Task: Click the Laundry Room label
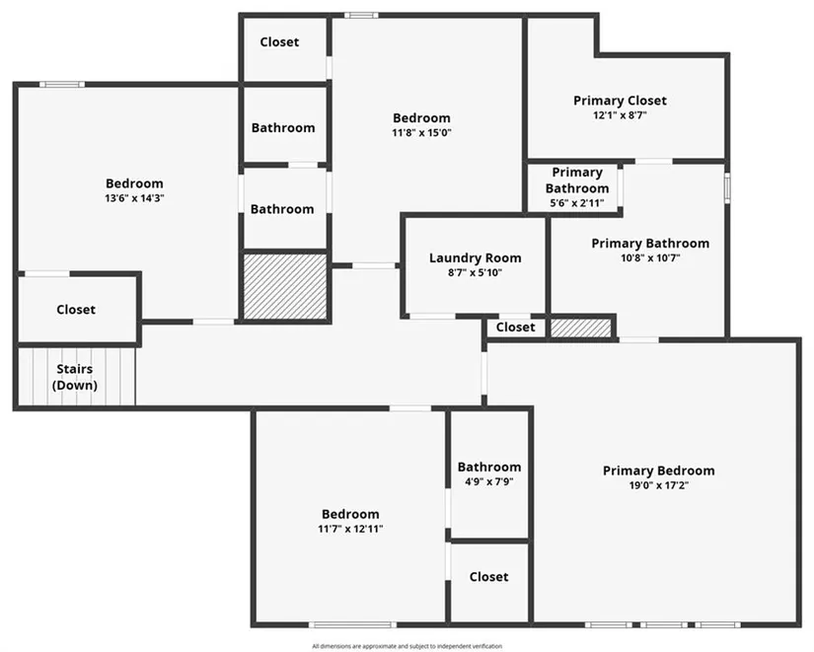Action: (475, 258)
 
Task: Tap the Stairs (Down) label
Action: (75, 377)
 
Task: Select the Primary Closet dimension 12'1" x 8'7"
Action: (620, 115)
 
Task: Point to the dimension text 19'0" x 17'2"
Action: (659, 486)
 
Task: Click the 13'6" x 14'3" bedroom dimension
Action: (134, 198)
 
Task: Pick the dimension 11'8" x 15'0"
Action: (421, 133)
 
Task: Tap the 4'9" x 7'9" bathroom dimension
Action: (489, 481)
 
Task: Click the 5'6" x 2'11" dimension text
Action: (577, 203)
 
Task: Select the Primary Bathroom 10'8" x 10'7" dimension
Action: (650, 258)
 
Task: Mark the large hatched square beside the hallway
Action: (285, 286)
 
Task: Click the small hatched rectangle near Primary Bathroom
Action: (581, 327)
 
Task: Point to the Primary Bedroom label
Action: (659, 471)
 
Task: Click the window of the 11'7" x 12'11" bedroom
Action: (352, 624)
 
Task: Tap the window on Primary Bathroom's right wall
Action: (727, 188)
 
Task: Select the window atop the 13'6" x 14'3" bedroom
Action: (62, 85)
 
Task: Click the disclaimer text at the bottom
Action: (407, 646)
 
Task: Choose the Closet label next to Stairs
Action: (76, 310)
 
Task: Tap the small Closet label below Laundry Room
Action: (515, 327)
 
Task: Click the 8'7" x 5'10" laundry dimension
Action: (475, 272)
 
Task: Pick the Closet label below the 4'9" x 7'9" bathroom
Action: (488, 577)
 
